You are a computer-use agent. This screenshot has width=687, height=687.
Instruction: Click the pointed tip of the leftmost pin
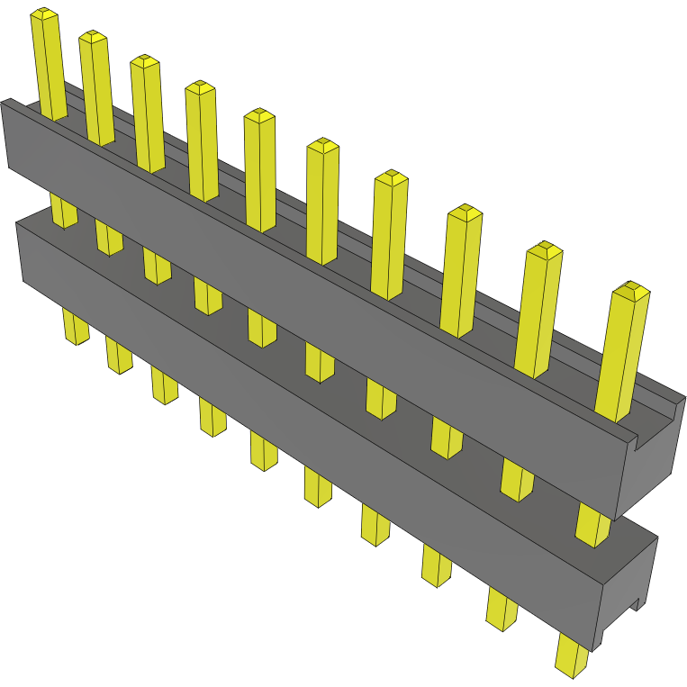pos(44,14)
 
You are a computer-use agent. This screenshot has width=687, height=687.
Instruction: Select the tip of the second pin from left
pos(93,36)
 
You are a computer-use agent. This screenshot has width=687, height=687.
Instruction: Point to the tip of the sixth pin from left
pos(322,144)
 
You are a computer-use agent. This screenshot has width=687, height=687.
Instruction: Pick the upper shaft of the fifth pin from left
pos(260,171)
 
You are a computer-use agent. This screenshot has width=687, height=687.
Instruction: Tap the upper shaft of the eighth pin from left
pos(460,270)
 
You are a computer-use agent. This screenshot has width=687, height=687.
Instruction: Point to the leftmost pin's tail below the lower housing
pos(76,326)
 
